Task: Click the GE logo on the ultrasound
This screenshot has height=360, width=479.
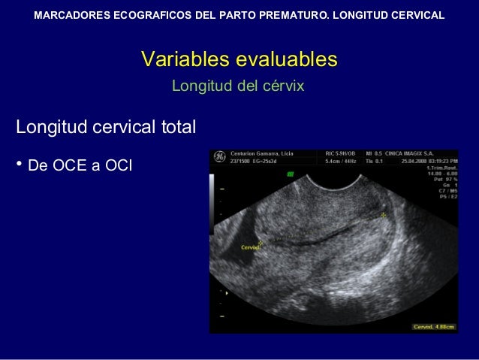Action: [x=219, y=156]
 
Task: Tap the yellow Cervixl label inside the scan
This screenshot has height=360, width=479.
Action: [x=249, y=247]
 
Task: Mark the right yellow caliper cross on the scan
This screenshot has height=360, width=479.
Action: [x=384, y=215]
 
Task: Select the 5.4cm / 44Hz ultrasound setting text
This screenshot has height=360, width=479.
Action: [x=340, y=160]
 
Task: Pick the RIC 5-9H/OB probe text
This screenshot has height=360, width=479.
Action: [x=340, y=153]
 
